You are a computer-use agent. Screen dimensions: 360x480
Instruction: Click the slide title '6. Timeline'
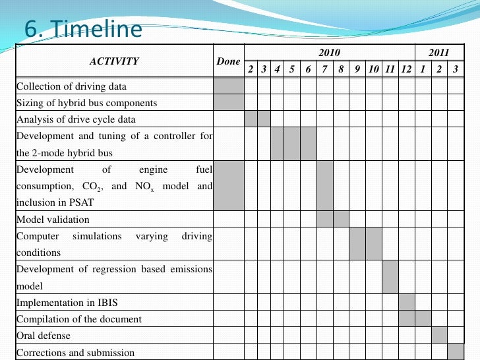tap(83, 30)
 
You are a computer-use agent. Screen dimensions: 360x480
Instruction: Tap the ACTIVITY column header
tap(114, 61)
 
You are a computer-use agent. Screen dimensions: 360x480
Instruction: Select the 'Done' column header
tap(228, 61)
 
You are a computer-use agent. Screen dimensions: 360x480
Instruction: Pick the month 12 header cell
tap(406, 69)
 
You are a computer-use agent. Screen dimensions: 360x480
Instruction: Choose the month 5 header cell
tap(291, 69)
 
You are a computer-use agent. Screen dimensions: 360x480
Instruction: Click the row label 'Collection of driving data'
tap(71, 86)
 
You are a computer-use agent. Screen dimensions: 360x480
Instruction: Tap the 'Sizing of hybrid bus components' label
tap(86, 103)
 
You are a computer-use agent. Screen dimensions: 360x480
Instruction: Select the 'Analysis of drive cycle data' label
tap(76, 119)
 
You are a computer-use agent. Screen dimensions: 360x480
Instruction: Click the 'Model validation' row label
tap(53, 220)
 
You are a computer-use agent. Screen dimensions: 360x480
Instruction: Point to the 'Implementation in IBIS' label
tap(69, 303)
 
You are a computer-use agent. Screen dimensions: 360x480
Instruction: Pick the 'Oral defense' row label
tap(44, 336)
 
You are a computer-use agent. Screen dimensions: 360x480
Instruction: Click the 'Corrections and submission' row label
tap(75, 352)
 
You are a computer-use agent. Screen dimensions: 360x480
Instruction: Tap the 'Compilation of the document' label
tap(78, 319)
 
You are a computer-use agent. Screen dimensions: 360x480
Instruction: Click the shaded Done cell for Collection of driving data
tap(228, 86)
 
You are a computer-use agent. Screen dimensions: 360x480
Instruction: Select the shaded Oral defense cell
tap(439, 336)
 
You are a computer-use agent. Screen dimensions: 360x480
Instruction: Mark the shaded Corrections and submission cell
tap(456, 352)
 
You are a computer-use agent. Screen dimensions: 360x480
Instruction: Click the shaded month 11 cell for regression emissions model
tap(390, 277)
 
